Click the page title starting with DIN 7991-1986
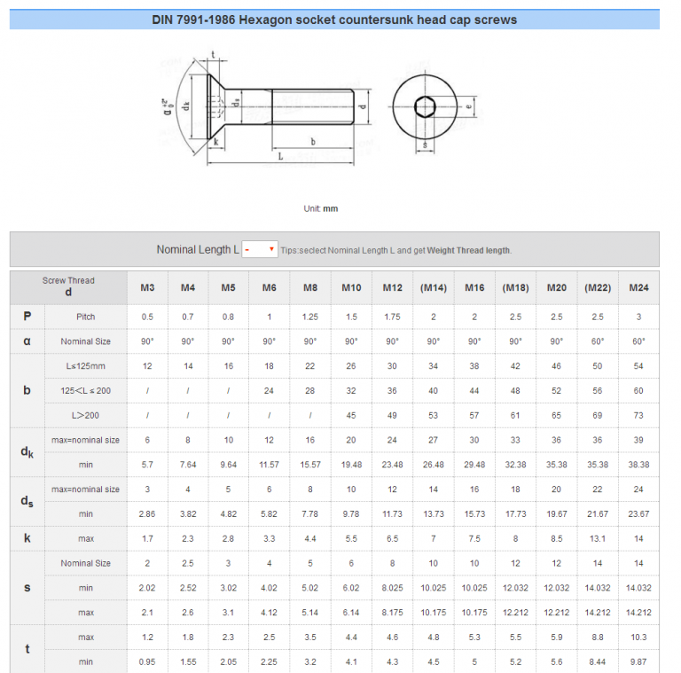tap(334, 19)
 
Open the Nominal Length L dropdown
tap(260, 250)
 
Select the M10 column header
tap(351, 287)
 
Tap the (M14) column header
tap(433, 287)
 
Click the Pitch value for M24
tap(638, 317)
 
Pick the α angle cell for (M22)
tap(598, 341)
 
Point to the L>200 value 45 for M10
tap(351, 415)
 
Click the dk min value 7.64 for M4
tap(188, 465)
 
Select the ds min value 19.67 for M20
tap(556, 513)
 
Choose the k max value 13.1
tap(598, 538)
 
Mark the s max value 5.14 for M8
tap(310, 612)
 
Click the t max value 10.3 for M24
tap(638, 637)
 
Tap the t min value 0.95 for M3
tap(147, 661)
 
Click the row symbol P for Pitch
tap(27, 317)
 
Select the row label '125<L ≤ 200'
tap(85, 391)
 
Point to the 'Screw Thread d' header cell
tap(68, 286)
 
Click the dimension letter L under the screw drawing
tap(279, 156)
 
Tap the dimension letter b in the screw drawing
tap(312, 141)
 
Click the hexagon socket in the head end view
tap(426, 106)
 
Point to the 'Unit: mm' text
tap(320, 209)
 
